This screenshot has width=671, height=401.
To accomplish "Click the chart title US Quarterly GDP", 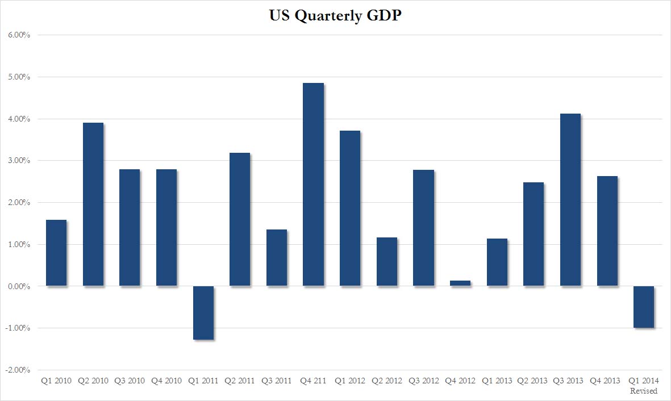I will (336, 15).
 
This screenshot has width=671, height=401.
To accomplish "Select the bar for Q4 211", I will (313, 185).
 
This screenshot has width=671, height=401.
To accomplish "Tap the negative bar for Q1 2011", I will (203, 312).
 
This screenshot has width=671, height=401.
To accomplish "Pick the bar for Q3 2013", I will (570, 200).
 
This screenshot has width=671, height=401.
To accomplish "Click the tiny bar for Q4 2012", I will (460, 283).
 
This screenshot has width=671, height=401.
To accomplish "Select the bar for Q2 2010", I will (93, 204).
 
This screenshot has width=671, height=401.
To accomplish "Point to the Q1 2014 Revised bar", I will (644, 307).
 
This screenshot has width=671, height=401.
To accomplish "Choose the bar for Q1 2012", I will (350, 208).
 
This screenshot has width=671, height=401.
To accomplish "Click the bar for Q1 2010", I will (56, 253).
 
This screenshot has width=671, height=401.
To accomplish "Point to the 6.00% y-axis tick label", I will (19, 35).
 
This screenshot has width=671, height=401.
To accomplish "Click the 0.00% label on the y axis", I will (19, 286).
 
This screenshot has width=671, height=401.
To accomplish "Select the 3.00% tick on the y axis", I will (19, 161).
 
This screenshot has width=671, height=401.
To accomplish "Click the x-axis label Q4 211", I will (313, 381).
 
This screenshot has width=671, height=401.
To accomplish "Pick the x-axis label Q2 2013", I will (534, 381).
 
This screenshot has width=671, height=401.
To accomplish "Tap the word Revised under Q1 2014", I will (644, 391).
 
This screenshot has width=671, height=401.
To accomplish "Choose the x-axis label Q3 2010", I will (130, 381).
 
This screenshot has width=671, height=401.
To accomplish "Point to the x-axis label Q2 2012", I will (387, 381).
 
